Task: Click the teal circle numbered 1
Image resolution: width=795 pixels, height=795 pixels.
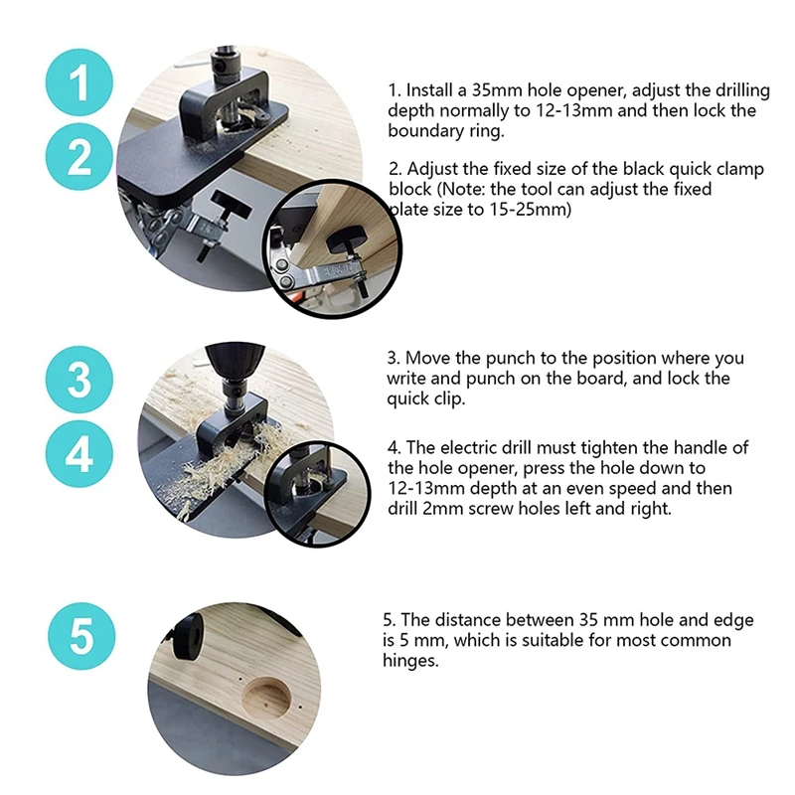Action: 79,82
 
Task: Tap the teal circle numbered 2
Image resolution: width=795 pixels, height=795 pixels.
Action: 79,157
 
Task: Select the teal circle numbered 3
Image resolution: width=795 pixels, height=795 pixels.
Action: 79,380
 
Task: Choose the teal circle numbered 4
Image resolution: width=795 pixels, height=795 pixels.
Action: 79,454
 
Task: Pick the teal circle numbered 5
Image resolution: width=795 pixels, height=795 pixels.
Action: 81,636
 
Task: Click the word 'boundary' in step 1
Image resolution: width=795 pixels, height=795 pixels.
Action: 419,131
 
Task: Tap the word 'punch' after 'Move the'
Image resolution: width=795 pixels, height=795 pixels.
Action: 510,359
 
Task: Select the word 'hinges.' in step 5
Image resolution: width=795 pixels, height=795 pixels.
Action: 410,661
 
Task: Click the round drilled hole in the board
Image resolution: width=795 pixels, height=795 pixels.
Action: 266,698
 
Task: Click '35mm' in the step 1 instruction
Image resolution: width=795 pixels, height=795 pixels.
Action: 497,90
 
